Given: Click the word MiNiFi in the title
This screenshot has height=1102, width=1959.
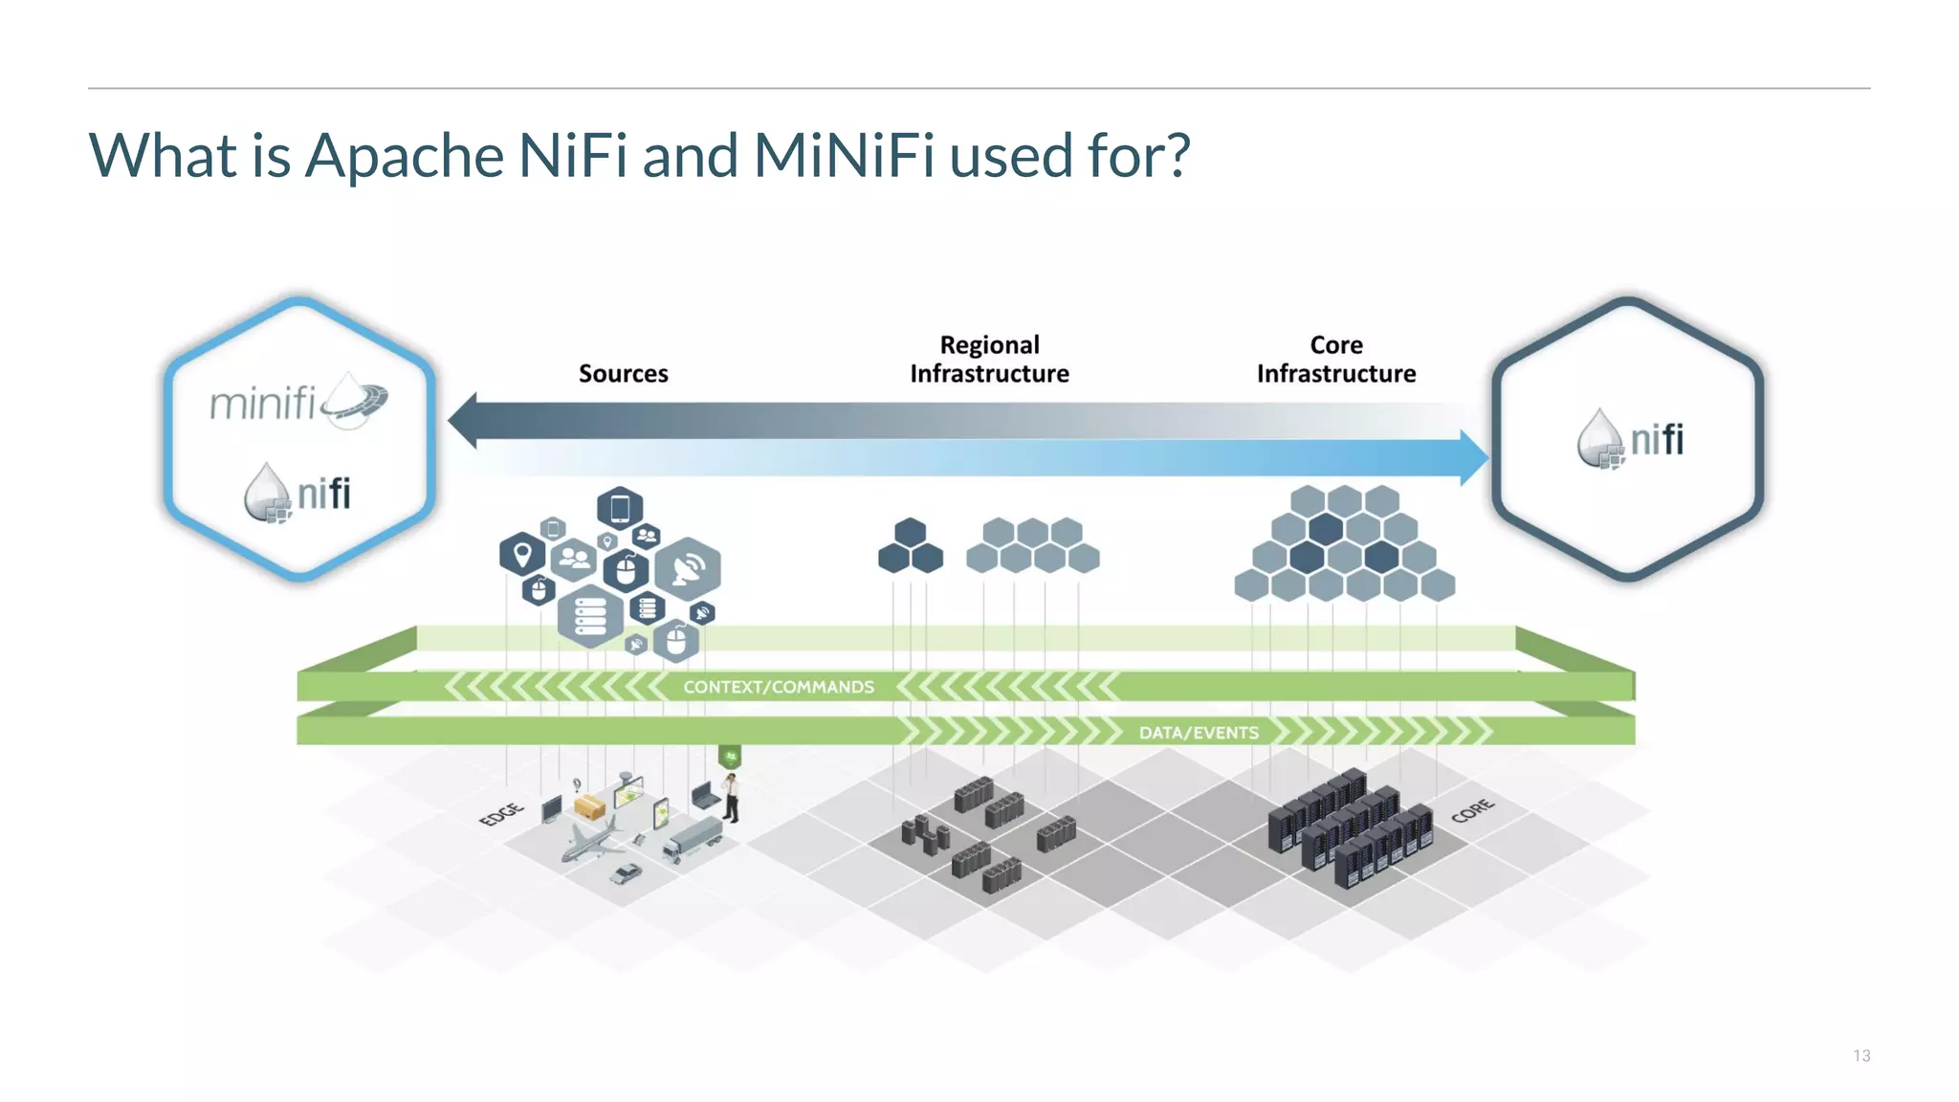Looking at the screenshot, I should (x=843, y=155).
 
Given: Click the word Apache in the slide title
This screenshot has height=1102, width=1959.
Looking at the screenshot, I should (x=404, y=155).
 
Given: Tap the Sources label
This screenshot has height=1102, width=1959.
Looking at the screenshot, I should (x=623, y=373).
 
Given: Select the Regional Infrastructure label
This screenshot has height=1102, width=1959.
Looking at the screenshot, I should (x=989, y=360).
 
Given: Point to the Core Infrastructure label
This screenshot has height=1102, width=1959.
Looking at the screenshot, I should (x=1335, y=360).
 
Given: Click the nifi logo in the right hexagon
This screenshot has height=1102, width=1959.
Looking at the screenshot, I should (x=1630, y=440).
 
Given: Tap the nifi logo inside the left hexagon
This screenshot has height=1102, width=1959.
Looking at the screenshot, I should (x=297, y=494).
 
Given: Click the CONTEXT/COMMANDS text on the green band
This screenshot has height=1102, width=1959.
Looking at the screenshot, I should (x=778, y=687).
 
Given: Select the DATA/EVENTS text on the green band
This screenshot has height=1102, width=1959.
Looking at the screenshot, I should (x=1198, y=733).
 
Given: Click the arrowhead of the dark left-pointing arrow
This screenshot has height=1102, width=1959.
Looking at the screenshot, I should (x=464, y=421).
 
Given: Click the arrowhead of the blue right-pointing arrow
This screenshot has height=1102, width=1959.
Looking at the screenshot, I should (x=1473, y=458).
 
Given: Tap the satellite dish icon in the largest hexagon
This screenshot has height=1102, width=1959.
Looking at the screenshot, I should (x=688, y=569).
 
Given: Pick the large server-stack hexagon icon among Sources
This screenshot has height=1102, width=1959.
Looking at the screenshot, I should (x=590, y=616).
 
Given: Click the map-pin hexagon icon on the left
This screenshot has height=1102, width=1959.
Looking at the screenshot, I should (x=522, y=554).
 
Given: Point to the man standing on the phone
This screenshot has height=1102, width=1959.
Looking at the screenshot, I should (x=732, y=798).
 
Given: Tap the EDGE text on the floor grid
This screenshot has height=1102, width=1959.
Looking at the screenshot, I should (x=501, y=814).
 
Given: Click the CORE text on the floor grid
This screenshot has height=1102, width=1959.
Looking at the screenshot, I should (x=1472, y=810).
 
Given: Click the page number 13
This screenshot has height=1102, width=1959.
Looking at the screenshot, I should (x=1860, y=1055).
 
